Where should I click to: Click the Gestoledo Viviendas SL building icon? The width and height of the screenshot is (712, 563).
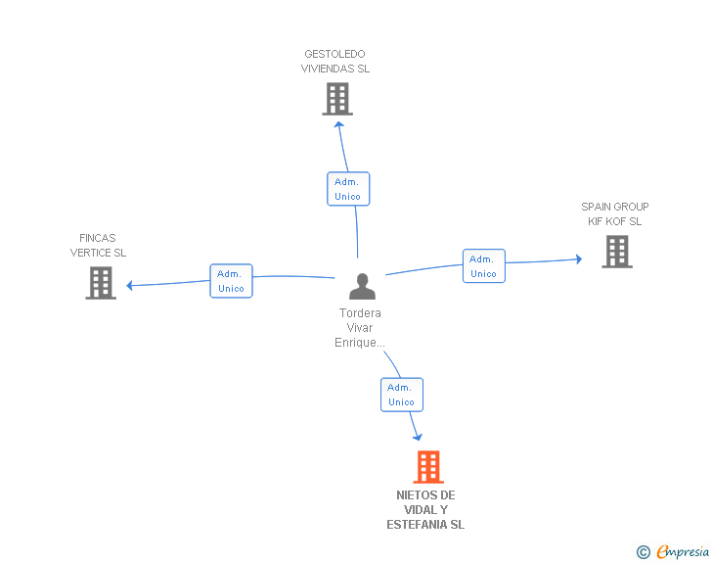(337, 99)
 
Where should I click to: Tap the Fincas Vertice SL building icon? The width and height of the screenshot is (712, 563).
(101, 283)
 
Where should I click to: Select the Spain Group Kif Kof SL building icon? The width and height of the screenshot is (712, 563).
(616, 252)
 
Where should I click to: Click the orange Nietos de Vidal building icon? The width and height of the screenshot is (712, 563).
(427, 467)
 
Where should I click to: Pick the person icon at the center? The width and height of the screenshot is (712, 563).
(362, 286)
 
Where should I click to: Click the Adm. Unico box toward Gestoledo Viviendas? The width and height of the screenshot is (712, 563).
(347, 189)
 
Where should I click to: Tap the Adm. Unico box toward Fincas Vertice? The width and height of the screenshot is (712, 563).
(231, 281)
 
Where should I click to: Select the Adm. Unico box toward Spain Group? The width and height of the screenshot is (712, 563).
(483, 266)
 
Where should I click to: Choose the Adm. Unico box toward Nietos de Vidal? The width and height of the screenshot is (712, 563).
(401, 395)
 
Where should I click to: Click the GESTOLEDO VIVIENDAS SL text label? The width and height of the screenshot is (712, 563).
(336, 62)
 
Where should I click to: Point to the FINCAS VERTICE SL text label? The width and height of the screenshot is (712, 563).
(98, 246)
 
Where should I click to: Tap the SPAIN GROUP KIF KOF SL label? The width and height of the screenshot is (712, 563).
(614, 214)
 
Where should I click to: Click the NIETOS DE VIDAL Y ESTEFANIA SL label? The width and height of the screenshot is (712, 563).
(425, 510)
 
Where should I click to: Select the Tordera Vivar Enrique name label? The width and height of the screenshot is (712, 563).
(360, 328)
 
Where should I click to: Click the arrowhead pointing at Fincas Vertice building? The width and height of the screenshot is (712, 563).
(131, 286)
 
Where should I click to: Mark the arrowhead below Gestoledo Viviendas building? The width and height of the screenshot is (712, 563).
(338, 124)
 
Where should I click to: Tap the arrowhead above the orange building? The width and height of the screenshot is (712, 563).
(418, 437)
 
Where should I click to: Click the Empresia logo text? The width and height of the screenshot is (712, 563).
(682, 552)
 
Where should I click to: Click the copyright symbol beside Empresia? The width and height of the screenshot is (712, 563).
(644, 552)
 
